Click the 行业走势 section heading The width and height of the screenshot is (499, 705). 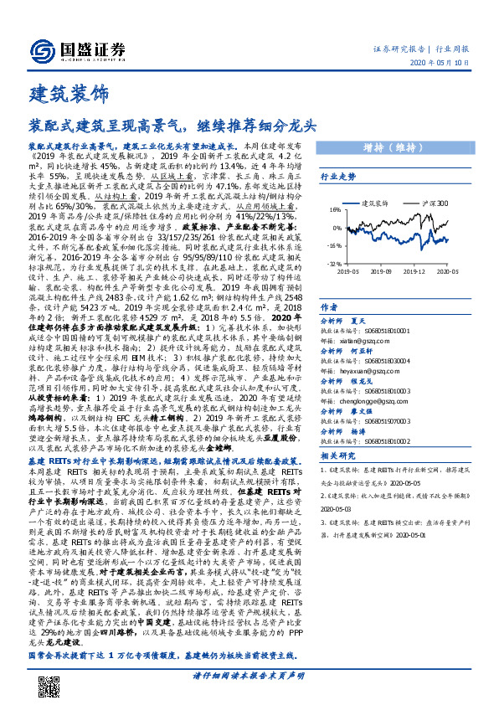pos(338,177)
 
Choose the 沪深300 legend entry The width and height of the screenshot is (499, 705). pos(435,203)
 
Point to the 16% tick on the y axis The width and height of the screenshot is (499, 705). pos(333,210)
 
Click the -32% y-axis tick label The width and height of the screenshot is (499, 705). pos(333,262)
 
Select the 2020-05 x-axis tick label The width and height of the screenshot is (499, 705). pos(448,271)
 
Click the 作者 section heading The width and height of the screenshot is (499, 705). pos(329,308)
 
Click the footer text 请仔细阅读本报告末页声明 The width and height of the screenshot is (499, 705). pos(249,675)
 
